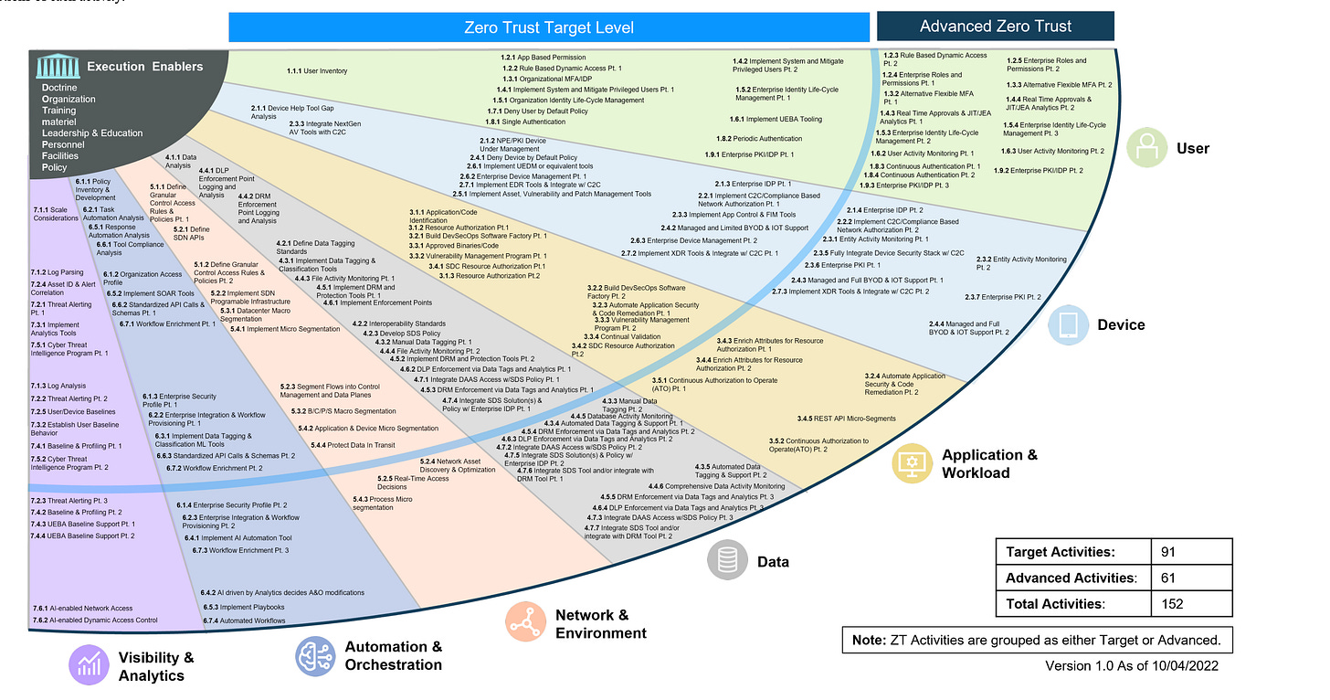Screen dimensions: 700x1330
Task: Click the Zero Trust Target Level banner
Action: click(x=548, y=27)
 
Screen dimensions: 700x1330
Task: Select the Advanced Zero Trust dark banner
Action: click(x=995, y=26)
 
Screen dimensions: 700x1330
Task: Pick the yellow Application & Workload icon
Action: click(x=913, y=463)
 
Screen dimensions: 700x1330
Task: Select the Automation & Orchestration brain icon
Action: click(x=315, y=655)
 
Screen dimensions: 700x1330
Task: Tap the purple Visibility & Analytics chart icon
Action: click(x=90, y=665)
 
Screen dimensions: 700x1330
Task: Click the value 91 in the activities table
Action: click(x=1168, y=552)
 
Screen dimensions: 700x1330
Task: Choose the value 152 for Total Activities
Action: click(x=1172, y=603)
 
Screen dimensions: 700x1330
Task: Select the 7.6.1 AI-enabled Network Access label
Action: click(x=82, y=608)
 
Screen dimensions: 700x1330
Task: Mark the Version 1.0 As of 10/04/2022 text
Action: click(x=1131, y=666)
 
